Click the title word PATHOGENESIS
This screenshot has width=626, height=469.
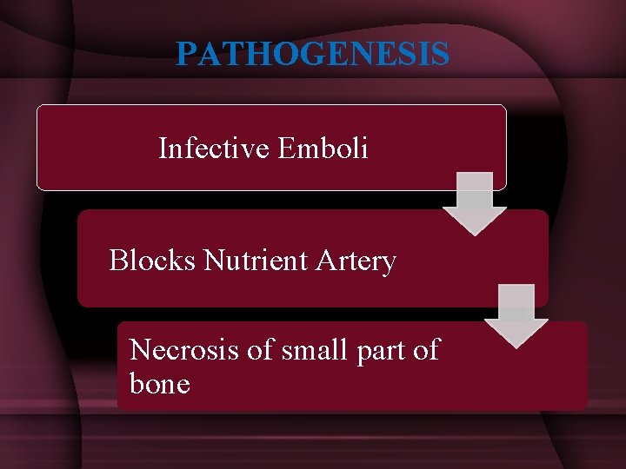(312, 55)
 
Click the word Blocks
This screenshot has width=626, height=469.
(153, 260)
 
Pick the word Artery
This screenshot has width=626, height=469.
(359, 261)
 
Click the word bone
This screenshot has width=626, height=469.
(159, 383)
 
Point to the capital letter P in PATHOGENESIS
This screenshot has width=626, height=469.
(185, 55)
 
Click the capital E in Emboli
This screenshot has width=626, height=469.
(286, 149)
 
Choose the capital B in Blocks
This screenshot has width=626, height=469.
(117, 260)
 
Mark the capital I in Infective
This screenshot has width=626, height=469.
(163, 149)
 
